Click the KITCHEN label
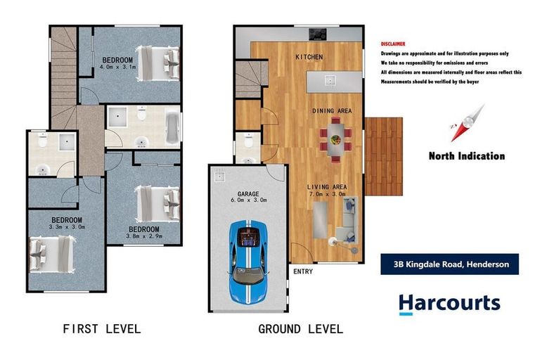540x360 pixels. coord(309,56)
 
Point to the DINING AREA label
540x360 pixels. coord(332,111)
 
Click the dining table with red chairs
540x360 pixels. coord(334,137)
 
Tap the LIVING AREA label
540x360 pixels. coord(327,186)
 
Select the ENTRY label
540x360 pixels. coord(302,271)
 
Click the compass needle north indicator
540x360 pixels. coord(468,124)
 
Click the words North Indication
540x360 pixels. coord(467,156)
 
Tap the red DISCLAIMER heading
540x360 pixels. coord(392,44)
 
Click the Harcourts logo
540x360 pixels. coord(449,304)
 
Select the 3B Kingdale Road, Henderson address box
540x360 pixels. coord(449,264)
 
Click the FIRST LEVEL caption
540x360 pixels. coord(101,328)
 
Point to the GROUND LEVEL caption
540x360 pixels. coord(300,328)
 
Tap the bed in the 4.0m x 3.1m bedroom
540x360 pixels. coord(159,63)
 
